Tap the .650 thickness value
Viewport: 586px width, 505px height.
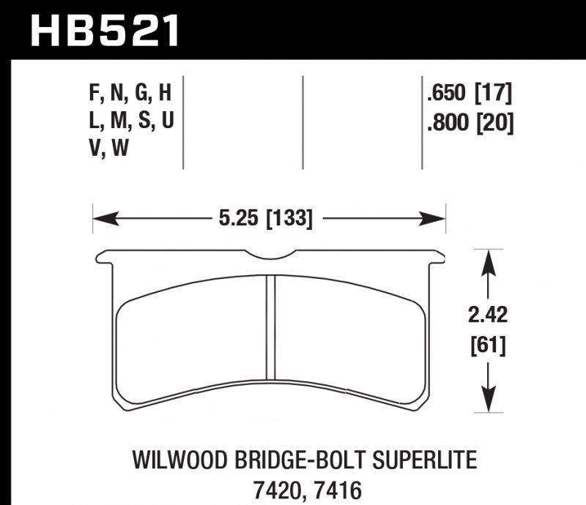coord(447,94)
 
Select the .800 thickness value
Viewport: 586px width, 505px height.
coord(447,122)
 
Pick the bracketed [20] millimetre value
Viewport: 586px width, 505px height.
coord(494,122)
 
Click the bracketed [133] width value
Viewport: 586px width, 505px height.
coord(289,217)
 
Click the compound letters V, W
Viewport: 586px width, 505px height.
coord(106,150)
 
